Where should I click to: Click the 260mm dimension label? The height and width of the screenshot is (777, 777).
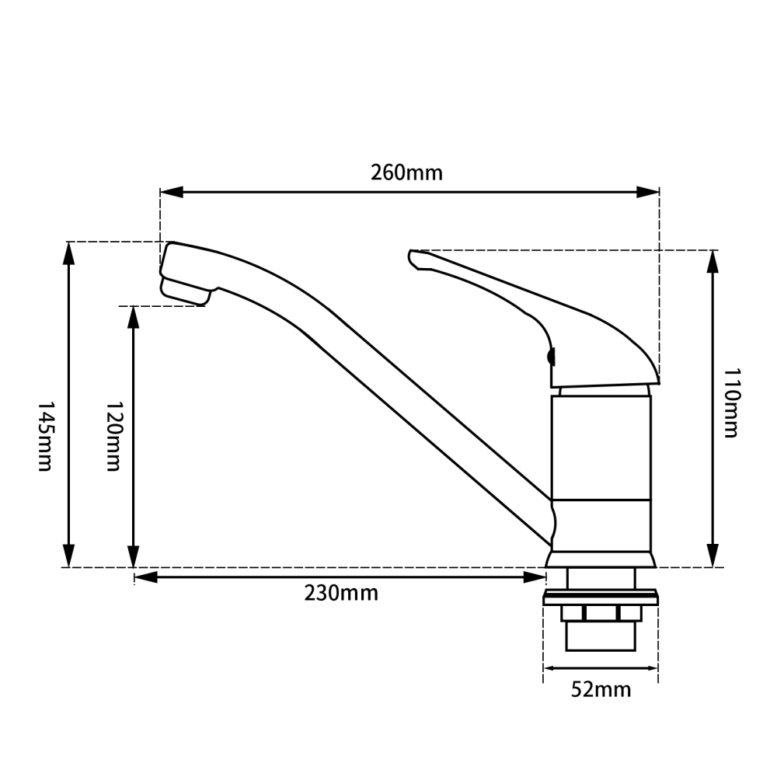(406, 172)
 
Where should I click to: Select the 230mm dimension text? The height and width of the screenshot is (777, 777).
(340, 594)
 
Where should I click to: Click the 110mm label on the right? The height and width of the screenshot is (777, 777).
(730, 403)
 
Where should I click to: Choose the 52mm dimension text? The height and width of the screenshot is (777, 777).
(601, 689)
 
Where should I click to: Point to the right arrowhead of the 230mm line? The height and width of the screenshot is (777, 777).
(536, 577)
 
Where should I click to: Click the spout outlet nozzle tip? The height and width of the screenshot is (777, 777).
(185, 294)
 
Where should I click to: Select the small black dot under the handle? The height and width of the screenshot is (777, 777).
(552, 357)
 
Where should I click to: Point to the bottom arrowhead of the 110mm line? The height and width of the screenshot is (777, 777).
(712, 556)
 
